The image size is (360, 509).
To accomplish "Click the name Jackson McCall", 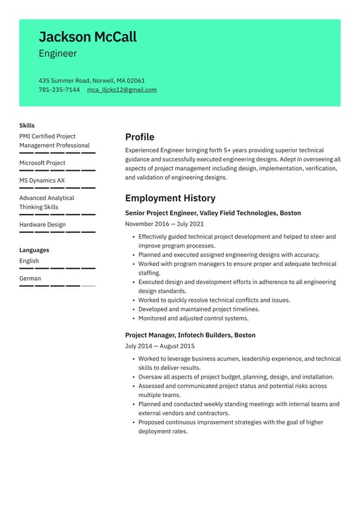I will (x=87, y=36).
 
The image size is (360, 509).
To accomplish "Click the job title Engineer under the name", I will (x=58, y=54).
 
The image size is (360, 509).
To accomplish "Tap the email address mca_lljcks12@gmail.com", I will (x=122, y=90).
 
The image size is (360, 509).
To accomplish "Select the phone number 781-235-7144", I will (x=59, y=90).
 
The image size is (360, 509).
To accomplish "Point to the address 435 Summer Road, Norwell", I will (x=91, y=81).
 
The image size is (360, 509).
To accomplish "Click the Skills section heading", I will (x=27, y=125).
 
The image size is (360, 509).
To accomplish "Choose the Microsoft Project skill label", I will (x=42, y=163).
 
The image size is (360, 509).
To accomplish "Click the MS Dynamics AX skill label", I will (x=42, y=180).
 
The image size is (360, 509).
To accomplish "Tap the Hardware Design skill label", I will (x=42, y=224).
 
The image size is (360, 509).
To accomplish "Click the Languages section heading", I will (x=34, y=250).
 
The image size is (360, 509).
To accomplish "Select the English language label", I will (x=29, y=261).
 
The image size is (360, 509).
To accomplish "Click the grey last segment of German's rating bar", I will (x=88, y=286).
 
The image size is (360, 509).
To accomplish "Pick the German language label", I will (x=30, y=279).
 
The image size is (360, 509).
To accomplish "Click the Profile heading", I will (x=140, y=137).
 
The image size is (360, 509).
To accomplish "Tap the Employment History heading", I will (x=170, y=198).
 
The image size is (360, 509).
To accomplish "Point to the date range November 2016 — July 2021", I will (x=164, y=224).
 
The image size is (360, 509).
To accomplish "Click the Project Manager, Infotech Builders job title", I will (x=190, y=335).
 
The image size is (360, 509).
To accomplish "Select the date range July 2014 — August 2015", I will (x=159, y=346).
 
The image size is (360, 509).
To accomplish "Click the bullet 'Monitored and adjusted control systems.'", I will (x=193, y=318).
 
